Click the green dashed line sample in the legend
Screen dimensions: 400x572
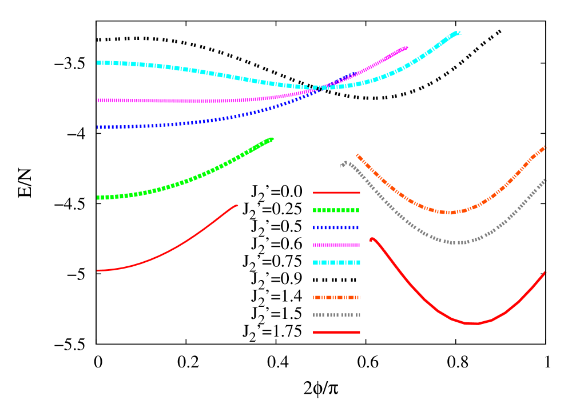pyautogui.click(x=336, y=210)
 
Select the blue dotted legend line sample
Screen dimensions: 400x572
pyautogui.click(x=336, y=227)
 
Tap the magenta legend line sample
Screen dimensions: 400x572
pyautogui.click(x=336, y=245)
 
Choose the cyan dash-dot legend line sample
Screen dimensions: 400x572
pyautogui.click(x=336, y=262)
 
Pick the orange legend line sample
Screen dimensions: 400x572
pyautogui.click(x=336, y=297)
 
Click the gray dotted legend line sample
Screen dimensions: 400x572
pyautogui.click(x=336, y=315)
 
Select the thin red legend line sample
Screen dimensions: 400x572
pyautogui.click(x=336, y=193)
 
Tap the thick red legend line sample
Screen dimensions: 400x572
pyautogui.click(x=336, y=332)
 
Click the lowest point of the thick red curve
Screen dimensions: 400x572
pyautogui.click(x=472, y=324)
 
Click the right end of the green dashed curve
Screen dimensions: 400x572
pyautogui.click(x=272, y=139)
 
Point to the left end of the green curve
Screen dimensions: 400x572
pyautogui.click(x=98, y=198)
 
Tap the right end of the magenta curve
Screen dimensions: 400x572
pyautogui.click(x=406, y=47)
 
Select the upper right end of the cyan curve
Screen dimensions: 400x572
pyautogui.click(x=458, y=33)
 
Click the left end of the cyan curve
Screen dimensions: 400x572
pyautogui.click(x=98, y=62)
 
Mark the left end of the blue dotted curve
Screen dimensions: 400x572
pyautogui.click(x=98, y=127)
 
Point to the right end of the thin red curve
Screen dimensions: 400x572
pyautogui.click(x=236, y=205)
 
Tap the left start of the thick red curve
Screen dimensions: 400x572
pyautogui.click(x=372, y=239)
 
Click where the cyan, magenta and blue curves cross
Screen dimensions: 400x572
pyautogui.click(x=320, y=88)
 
